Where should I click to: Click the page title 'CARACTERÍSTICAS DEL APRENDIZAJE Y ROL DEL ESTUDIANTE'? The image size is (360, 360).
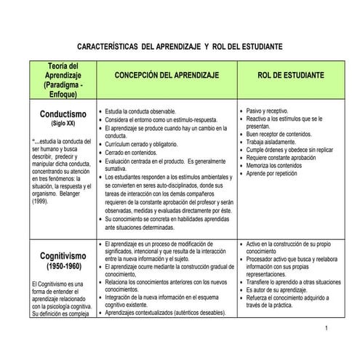[179, 46]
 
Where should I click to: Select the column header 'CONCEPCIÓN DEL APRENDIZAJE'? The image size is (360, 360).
[167, 75]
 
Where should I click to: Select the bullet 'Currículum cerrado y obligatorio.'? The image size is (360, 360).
[144, 144]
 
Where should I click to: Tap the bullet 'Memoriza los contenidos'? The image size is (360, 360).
[275, 166]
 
